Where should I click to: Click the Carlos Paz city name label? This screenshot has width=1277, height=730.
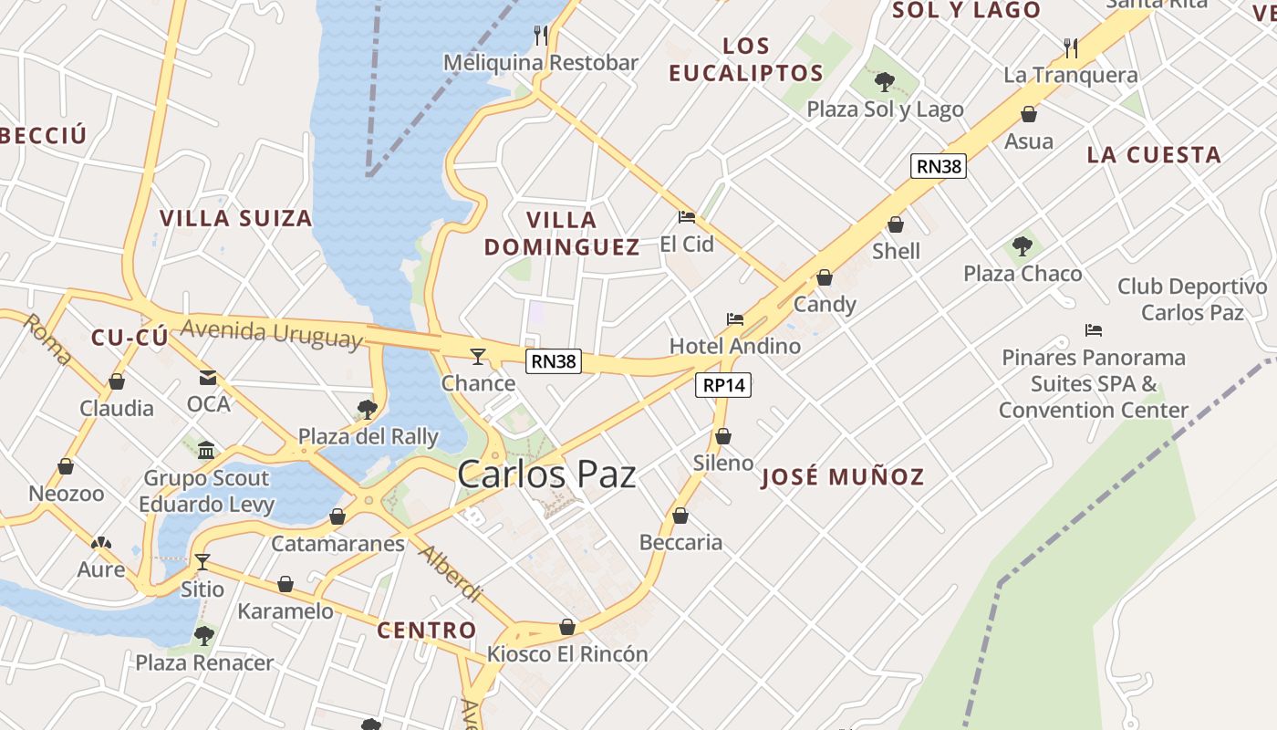546,474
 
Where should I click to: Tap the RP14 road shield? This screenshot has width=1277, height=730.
725,385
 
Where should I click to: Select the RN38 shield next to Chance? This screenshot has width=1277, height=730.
554,361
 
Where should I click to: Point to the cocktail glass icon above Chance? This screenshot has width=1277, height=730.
478,356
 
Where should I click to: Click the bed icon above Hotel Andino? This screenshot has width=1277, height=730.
735,319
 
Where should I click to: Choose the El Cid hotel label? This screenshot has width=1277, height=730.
687,244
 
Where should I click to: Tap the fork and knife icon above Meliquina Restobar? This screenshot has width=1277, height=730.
541,36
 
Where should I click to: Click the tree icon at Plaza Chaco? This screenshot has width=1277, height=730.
1023,246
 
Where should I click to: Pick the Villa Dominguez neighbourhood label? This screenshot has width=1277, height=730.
562,234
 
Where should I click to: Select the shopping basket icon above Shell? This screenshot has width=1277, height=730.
896,224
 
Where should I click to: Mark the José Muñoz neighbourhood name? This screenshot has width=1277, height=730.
842,476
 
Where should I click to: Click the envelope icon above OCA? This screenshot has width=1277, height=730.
208,378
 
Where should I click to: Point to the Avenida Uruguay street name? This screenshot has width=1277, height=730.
271,333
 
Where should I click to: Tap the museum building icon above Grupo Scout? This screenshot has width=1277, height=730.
206,451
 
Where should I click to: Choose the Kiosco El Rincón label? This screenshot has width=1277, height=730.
567,654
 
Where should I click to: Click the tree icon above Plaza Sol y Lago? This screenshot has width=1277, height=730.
884,82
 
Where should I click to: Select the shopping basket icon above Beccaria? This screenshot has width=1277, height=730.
680,516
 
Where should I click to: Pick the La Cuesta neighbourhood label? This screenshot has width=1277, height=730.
1154,155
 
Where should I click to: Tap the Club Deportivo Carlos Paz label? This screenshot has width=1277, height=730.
1192,299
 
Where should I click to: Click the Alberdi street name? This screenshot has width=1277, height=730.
449,573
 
